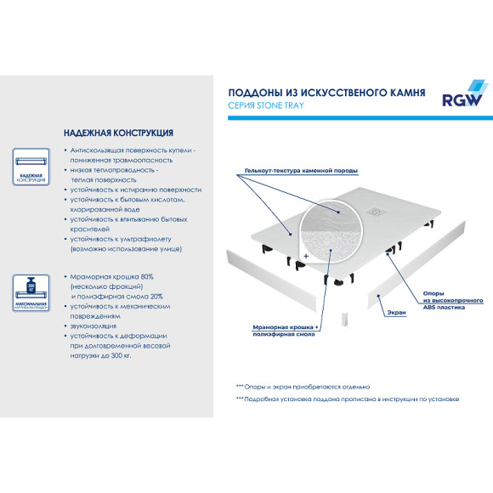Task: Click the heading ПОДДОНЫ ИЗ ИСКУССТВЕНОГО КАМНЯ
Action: coord(327,91)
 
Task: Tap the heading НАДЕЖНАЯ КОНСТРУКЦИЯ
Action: coord(119,133)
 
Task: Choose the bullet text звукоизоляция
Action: coord(95,326)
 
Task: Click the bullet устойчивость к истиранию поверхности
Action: coord(136,190)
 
